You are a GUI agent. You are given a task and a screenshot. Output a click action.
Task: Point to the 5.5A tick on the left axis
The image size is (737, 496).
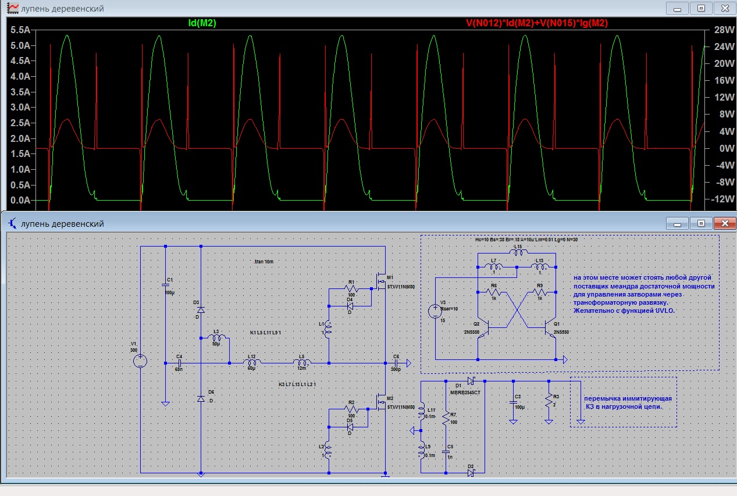point(21,30)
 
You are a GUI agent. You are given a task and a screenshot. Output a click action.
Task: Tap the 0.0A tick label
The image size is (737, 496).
point(21,200)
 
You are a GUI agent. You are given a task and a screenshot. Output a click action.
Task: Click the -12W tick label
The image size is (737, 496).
point(715,199)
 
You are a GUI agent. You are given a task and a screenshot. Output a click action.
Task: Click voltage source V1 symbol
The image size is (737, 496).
point(140,361)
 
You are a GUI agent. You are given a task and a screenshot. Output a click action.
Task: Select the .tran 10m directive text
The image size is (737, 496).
point(264,262)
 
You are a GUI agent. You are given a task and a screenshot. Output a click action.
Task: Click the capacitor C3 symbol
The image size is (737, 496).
point(513,402)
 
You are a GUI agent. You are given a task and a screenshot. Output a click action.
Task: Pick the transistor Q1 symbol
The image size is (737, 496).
point(551,329)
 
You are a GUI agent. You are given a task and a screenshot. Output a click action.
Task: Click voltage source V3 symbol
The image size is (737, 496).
point(435,311)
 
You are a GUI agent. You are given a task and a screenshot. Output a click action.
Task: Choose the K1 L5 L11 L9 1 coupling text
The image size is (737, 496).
point(266,332)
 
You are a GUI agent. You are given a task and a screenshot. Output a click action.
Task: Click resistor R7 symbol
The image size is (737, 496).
point(446,418)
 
